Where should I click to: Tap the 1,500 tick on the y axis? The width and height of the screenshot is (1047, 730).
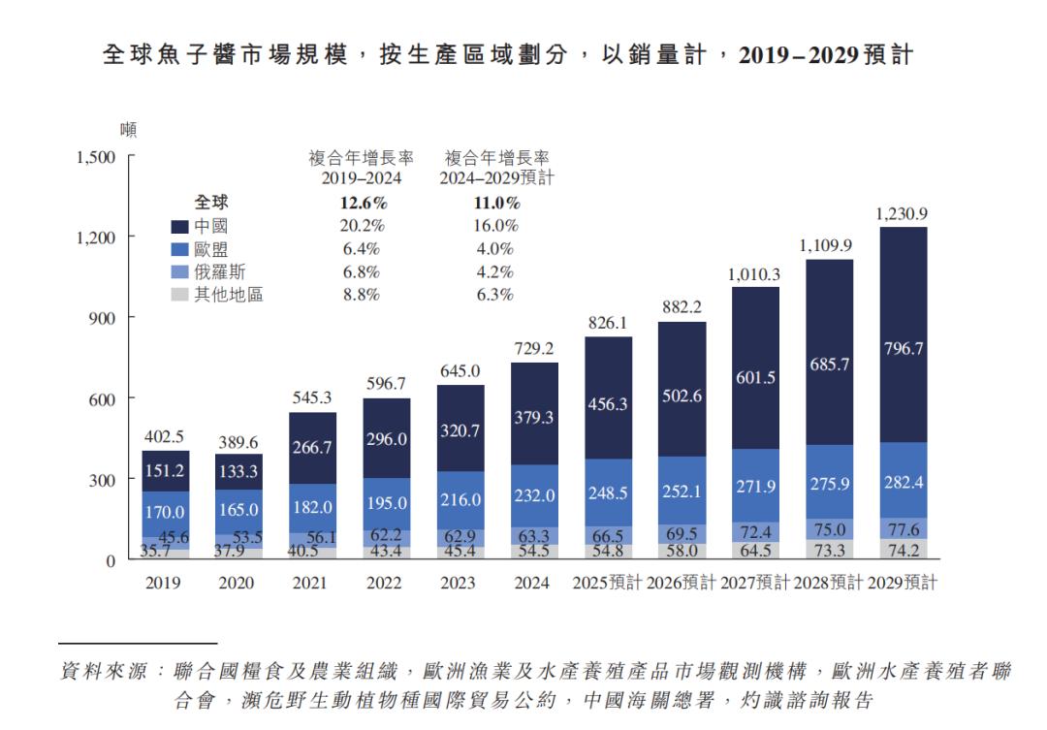pyautogui.click(x=96, y=157)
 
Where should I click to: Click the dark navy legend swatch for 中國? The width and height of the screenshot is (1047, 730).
pyautogui.click(x=179, y=226)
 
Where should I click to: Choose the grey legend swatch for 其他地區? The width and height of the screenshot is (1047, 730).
pyautogui.click(x=179, y=295)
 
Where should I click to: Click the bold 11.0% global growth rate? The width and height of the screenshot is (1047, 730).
pyautogui.click(x=495, y=204)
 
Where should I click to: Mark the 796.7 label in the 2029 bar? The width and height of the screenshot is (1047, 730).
pyautogui.click(x=903, y=349)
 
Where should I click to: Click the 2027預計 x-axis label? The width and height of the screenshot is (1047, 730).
pyautogui.click(x=755, y=583)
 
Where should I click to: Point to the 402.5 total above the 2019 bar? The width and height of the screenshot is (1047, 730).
pyautogui.click(x=165, y=436)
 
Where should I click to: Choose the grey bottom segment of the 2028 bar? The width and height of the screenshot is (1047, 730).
pyautogui.click(x=829, y=550)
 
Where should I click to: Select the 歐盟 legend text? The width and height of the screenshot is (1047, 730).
pyautogui.click(x=210, y=249)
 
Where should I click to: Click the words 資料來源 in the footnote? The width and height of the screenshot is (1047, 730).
pyautogui.click(x=96, y=671)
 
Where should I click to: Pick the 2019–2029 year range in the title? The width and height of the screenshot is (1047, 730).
pyautogui.click(x=799, y=56)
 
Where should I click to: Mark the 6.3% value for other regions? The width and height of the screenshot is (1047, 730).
pyautogui.click(x=494, y=295)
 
